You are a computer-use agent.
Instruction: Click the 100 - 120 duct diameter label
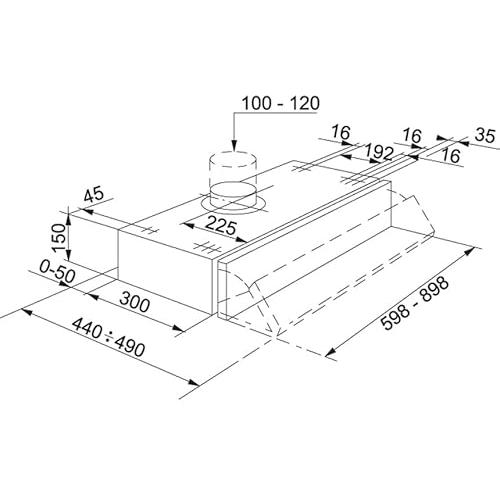point(280,103)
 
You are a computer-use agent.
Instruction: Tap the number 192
point(378,153)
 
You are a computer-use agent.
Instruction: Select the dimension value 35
point(485,136)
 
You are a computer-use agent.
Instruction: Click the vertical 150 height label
point(58,238)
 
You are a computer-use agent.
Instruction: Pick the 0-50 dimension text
point(57,271)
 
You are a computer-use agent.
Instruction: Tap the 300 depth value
point(135,302)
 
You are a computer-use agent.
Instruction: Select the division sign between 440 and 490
point(108,337)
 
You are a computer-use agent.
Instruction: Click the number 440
point(87,328)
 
